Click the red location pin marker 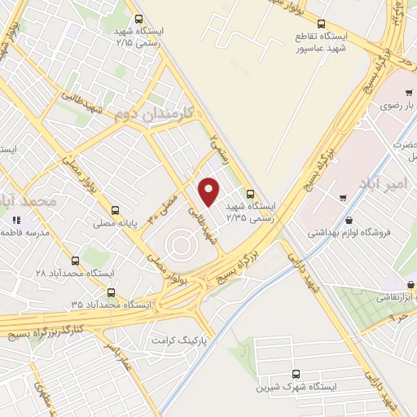209,191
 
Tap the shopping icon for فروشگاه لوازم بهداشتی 349,220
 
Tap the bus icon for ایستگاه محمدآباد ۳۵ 111,292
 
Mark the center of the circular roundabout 182,244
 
